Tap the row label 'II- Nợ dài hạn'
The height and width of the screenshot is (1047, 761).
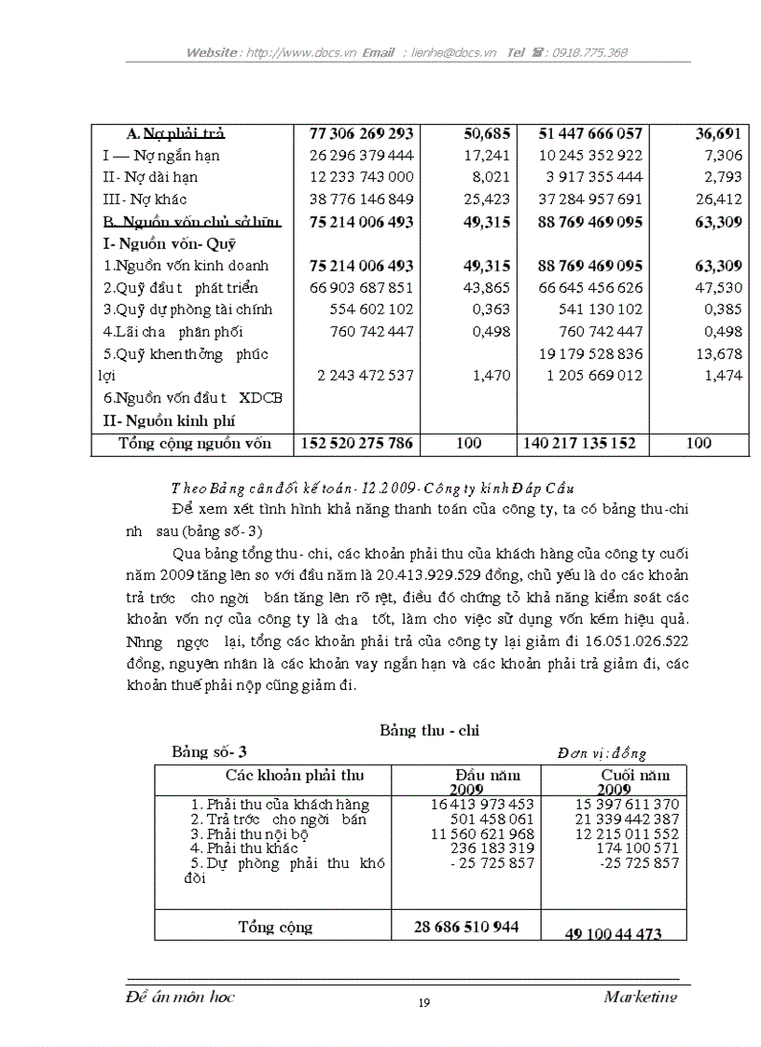tap(150, 177)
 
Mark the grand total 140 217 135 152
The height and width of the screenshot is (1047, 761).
tap(579, 444)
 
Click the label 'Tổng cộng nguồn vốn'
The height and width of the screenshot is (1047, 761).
tap(194, 444)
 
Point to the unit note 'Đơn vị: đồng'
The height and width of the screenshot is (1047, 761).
tap(602, 753)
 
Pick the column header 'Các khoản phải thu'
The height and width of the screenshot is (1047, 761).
tap(295, 776)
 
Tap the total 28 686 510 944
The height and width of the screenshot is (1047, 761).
tap(466, 927)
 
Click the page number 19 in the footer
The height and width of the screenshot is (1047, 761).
tap(424, 1003)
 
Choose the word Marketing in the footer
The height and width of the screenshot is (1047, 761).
tap(640, 997)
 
